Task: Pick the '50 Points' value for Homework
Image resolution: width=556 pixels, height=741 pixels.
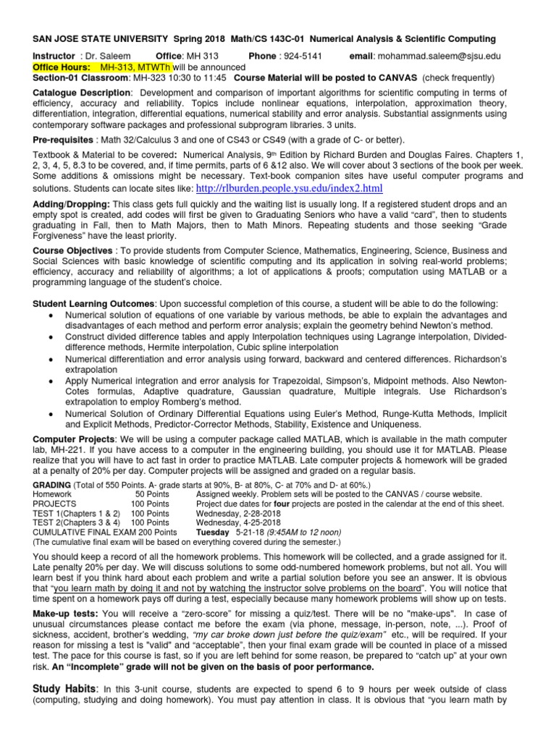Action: [x=152, y=494]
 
